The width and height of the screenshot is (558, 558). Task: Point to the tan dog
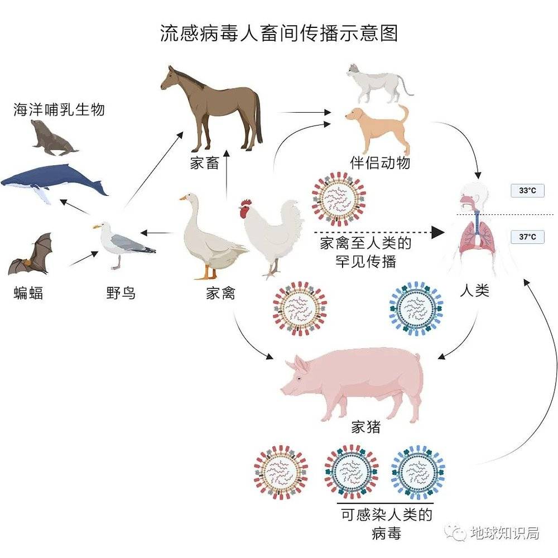click(x=379, y=126)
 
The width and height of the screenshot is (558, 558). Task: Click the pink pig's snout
click(x=285, y=384)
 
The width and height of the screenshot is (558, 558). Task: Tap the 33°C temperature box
click(x=527, y=191)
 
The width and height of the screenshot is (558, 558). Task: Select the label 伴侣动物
click(x=387, y=163)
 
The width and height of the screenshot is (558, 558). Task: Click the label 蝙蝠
click(x=28, y=292)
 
